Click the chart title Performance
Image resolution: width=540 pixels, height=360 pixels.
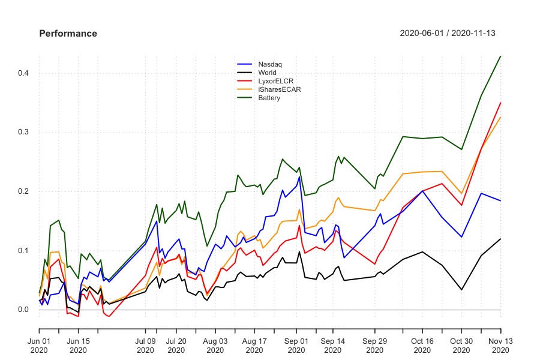point(68,34)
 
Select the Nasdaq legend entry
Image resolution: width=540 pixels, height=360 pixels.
point(270,64)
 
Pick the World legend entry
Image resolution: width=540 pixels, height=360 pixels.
point(268,73)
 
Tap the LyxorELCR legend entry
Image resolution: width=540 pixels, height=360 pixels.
point(275,81)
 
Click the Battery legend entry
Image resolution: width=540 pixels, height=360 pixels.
point(269,98)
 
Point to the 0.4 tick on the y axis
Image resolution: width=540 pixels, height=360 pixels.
point(25,73)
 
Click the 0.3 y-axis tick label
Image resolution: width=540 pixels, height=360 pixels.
point(25,132)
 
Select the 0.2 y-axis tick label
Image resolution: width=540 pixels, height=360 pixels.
point(25,191)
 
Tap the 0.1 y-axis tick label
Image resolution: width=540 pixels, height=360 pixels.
point(25,250)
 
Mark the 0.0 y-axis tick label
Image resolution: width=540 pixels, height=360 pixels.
point(25,310)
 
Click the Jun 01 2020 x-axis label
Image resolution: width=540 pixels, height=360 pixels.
point(39,346)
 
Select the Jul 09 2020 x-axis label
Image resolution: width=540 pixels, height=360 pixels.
point(145,346)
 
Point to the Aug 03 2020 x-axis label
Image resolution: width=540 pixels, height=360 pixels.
point(215,346)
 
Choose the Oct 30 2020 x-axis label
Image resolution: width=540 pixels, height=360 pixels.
point(461,346)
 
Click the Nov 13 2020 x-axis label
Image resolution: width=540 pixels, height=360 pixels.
point(500,346)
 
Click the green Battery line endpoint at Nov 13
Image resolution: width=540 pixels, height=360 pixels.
point(500,56)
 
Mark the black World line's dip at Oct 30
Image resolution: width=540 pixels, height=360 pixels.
point(461,290)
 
